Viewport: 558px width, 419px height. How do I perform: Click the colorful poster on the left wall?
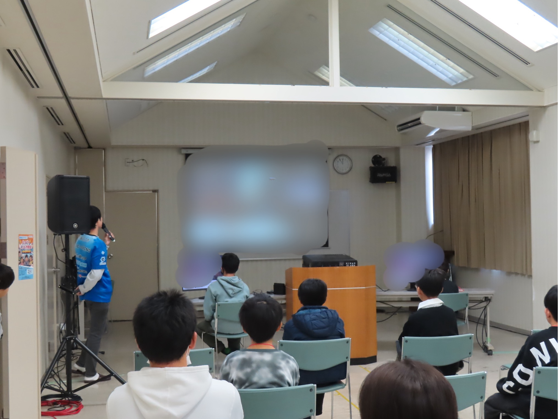click(x=26, y=257)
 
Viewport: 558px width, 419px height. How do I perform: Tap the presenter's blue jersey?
click(x=95, y=264)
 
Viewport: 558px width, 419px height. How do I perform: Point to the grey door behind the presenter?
click(x=132, y=248)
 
